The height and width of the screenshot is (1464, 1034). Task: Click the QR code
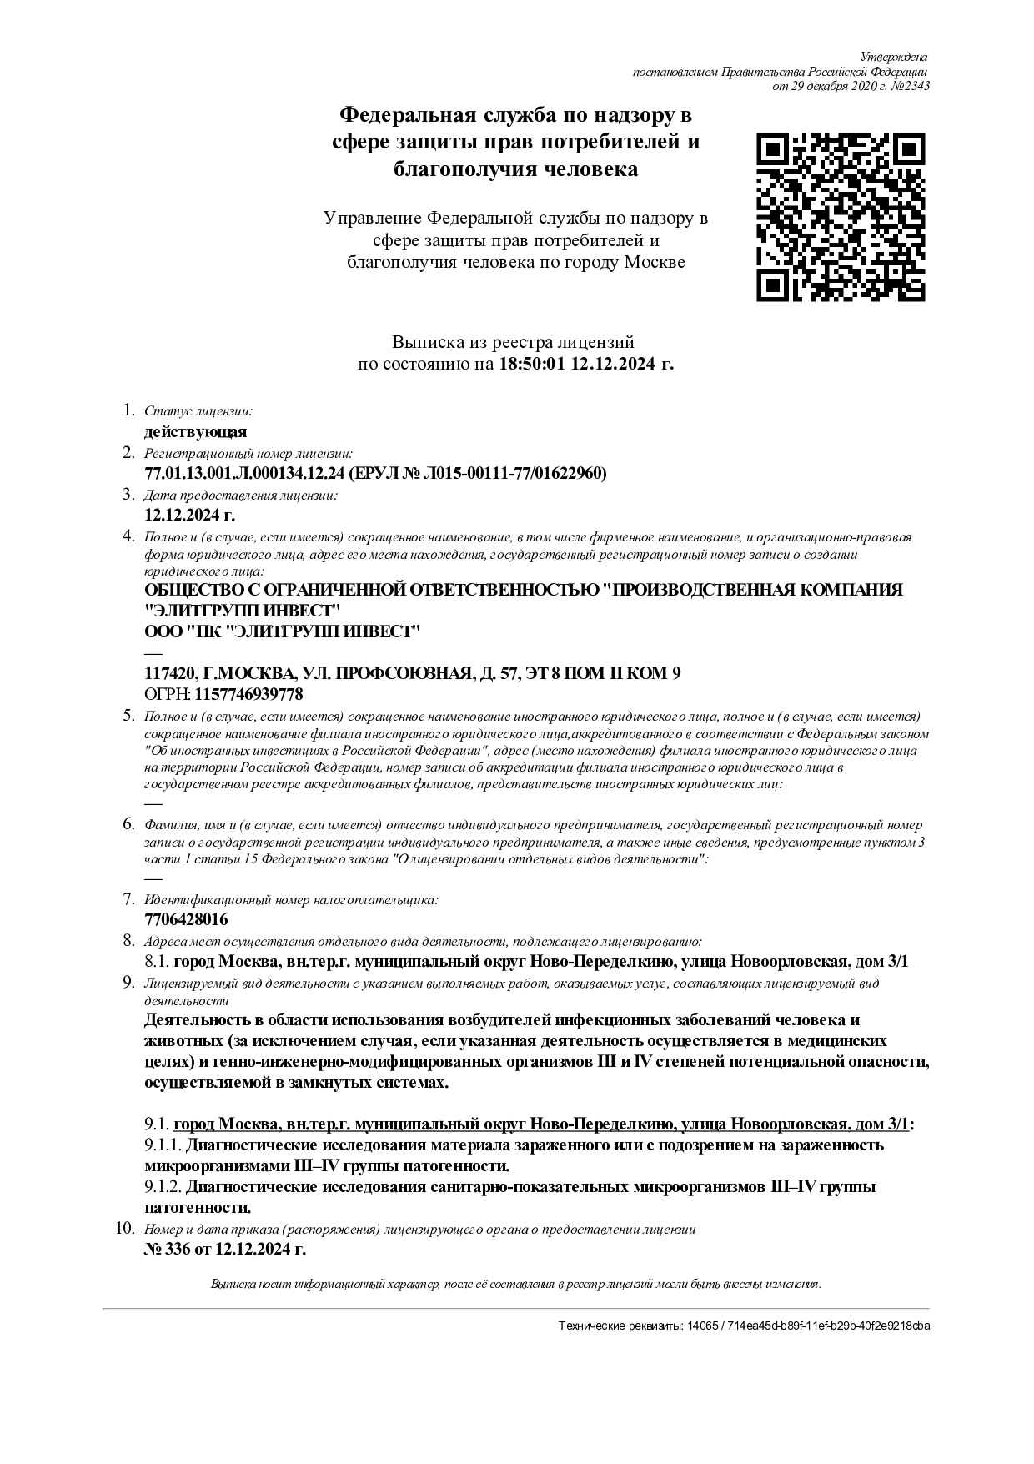[841, 216]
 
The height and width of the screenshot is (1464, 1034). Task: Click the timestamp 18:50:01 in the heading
[532, 365]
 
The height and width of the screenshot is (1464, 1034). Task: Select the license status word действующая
[196, 432]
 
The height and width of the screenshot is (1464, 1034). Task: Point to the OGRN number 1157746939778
[248, 694]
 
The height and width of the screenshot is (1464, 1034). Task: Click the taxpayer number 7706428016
[186, 920]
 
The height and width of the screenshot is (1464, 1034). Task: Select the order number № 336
[170, 1249]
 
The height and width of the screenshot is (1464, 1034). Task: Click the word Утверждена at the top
[893, 57]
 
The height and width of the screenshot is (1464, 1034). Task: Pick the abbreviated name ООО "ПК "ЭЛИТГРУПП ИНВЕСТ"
[283, 632]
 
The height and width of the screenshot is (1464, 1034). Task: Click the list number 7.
[129, 899]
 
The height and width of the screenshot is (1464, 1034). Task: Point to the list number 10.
[123, 1229]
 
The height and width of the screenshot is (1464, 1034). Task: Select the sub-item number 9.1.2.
[163, 1187]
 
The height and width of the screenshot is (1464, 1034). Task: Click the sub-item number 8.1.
[157, 962]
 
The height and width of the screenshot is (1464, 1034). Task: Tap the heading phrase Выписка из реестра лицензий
[514, 342]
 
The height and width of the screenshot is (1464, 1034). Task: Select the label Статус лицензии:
[198, 411]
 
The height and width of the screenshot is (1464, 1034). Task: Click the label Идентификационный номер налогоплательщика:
[291, 900]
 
